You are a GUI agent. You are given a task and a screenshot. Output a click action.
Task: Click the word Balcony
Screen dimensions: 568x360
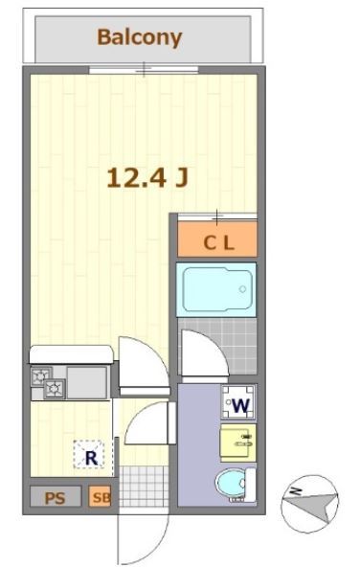click(x=139, y=38)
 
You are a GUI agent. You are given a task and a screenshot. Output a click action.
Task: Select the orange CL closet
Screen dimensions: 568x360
click(x=217, y=241)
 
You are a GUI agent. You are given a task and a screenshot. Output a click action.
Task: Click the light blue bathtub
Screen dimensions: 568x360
click(x=217, y=287)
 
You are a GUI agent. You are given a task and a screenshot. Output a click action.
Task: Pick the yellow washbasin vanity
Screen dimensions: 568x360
click(x=239, y=443)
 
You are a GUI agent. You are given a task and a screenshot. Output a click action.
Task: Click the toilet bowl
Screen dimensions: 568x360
click(x=232, y=484)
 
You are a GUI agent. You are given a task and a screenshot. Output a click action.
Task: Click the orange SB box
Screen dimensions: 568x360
click(x=101, y=498)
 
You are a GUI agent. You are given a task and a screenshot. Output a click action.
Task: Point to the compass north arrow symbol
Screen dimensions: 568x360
click(x=310, y=501)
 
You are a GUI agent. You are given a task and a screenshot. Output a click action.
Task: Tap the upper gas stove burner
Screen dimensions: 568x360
click(x=40, y=375)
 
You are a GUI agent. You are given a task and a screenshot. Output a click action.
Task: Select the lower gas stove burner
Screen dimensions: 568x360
click(x=53, y=389)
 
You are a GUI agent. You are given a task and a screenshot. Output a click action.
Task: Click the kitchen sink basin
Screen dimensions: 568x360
click(x=86, y=381)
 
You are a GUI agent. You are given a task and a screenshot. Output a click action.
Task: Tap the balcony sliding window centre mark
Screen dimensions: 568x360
click(x=143, y=69)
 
